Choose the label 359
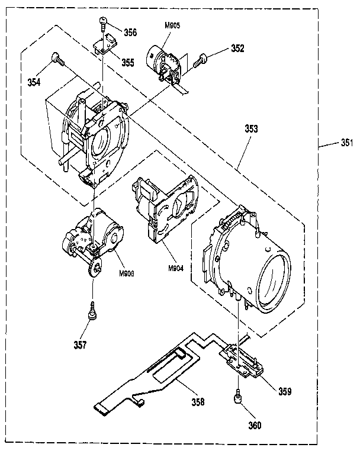click(x=285, y=391)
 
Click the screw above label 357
click(x=94, y=311)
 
